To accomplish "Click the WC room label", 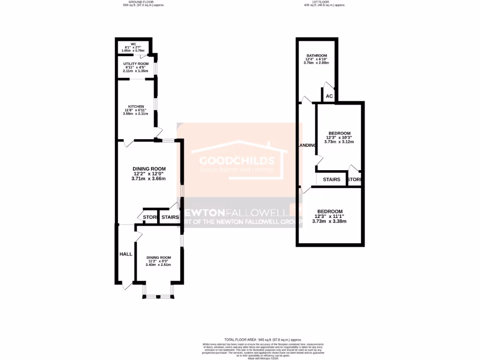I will [133, 44].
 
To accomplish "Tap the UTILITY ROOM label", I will [135, 63].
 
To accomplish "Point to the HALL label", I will [126, 254].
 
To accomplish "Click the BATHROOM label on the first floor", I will [316, 55].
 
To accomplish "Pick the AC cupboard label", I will [329, 96].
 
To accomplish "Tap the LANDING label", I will [307, 145].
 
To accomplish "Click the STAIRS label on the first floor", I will [331, 180].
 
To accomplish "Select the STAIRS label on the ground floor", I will [170, 217].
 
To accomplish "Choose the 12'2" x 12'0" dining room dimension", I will [149, 174].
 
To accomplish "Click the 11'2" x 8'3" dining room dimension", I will [158, 261].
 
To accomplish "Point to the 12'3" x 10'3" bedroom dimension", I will [339, 138].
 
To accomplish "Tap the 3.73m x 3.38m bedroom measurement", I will [329, 221].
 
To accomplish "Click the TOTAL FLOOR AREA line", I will [263, 339].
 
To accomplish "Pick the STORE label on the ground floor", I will [150, 217].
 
